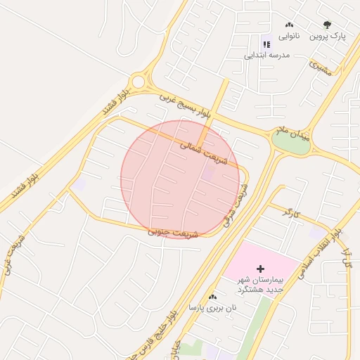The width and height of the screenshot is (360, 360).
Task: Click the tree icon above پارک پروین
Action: pyautogui.click(x=326, y=25)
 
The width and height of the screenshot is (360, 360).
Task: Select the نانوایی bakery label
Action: pyautogui.click(x=289, y=35)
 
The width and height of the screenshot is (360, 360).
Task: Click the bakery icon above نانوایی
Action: pyautogui.click(x=288, y=25)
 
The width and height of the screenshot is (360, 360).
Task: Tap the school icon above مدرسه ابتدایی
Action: pyautogui.click(x=266, y=44)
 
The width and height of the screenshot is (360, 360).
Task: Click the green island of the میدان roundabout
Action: pyautogui.click(x=290, y=141)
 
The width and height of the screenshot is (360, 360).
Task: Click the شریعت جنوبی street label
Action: pyautogui.click(x=174, y=232)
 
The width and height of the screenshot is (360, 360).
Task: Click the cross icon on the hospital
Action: pyautogui.click(x=261, y=269)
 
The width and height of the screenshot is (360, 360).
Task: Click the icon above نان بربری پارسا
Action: pyautogui.click(x=212, y=297)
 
